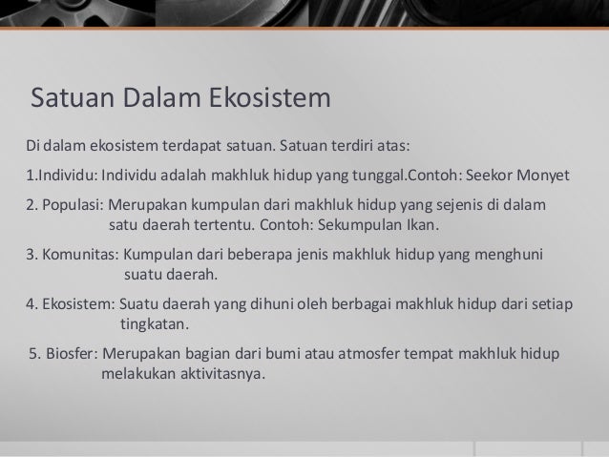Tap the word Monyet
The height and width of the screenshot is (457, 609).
(542, 177)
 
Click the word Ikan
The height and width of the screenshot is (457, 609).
(421, 227)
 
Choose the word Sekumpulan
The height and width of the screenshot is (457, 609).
(360, 227)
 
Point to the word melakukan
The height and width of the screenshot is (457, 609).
(135, 374)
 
